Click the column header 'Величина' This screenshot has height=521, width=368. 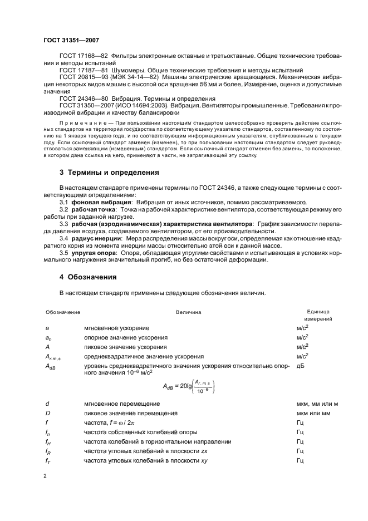[x=189, y=312]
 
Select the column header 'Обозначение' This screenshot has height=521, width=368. [x=62, y=312]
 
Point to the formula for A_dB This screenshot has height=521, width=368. [x=189, y=385]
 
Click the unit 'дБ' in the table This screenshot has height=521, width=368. [x=301, y=366]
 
